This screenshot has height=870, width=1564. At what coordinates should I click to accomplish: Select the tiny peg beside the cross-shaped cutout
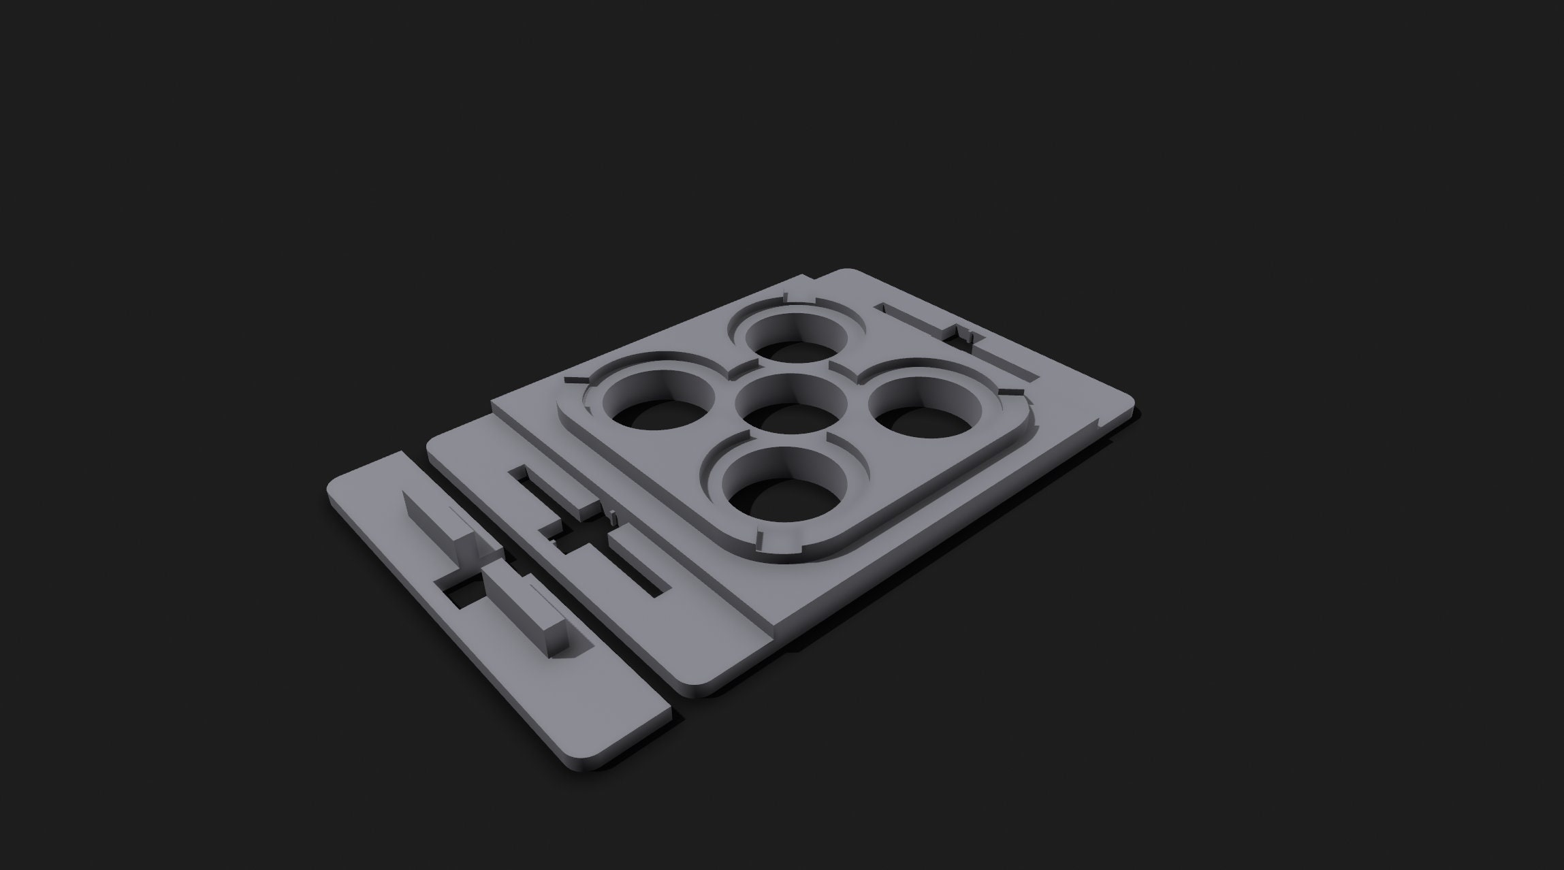(x=612, y=518)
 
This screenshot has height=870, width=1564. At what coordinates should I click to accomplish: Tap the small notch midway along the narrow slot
(x=962, y=333)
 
